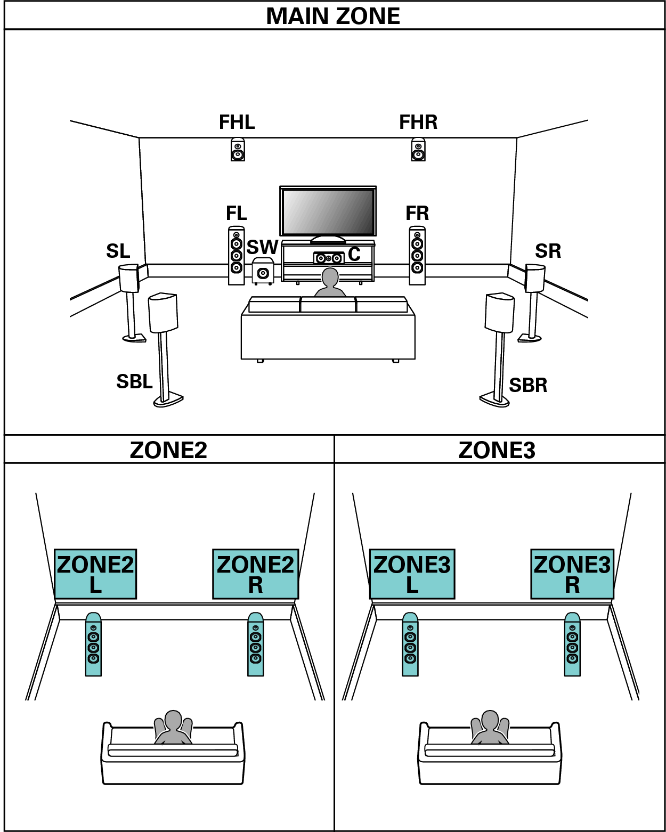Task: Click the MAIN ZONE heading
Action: coord(333,16)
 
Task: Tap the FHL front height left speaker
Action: coord(238,150)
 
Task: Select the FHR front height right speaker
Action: coord(418,150)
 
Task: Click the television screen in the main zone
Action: coord(328,211)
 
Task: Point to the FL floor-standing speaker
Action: coord(237,256)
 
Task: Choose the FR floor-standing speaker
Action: coord(417,256)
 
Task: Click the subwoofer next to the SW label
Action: coord(263,271)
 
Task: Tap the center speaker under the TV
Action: coord(328,258)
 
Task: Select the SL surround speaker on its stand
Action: coord(128,279)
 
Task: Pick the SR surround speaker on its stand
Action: coord(535,278)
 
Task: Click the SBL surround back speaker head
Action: coord(163,312)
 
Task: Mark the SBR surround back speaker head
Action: coord(500,312)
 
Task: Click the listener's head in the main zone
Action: coord(330,278)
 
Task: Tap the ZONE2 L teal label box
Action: coord(95,574)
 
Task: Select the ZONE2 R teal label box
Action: coord(255,574)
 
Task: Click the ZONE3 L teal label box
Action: coord(412,574)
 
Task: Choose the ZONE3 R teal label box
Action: coord(572,574)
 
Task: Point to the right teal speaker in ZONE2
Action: coord(256,645)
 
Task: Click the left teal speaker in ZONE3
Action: coord(410,645)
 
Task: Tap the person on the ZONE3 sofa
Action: coord(490,727)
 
